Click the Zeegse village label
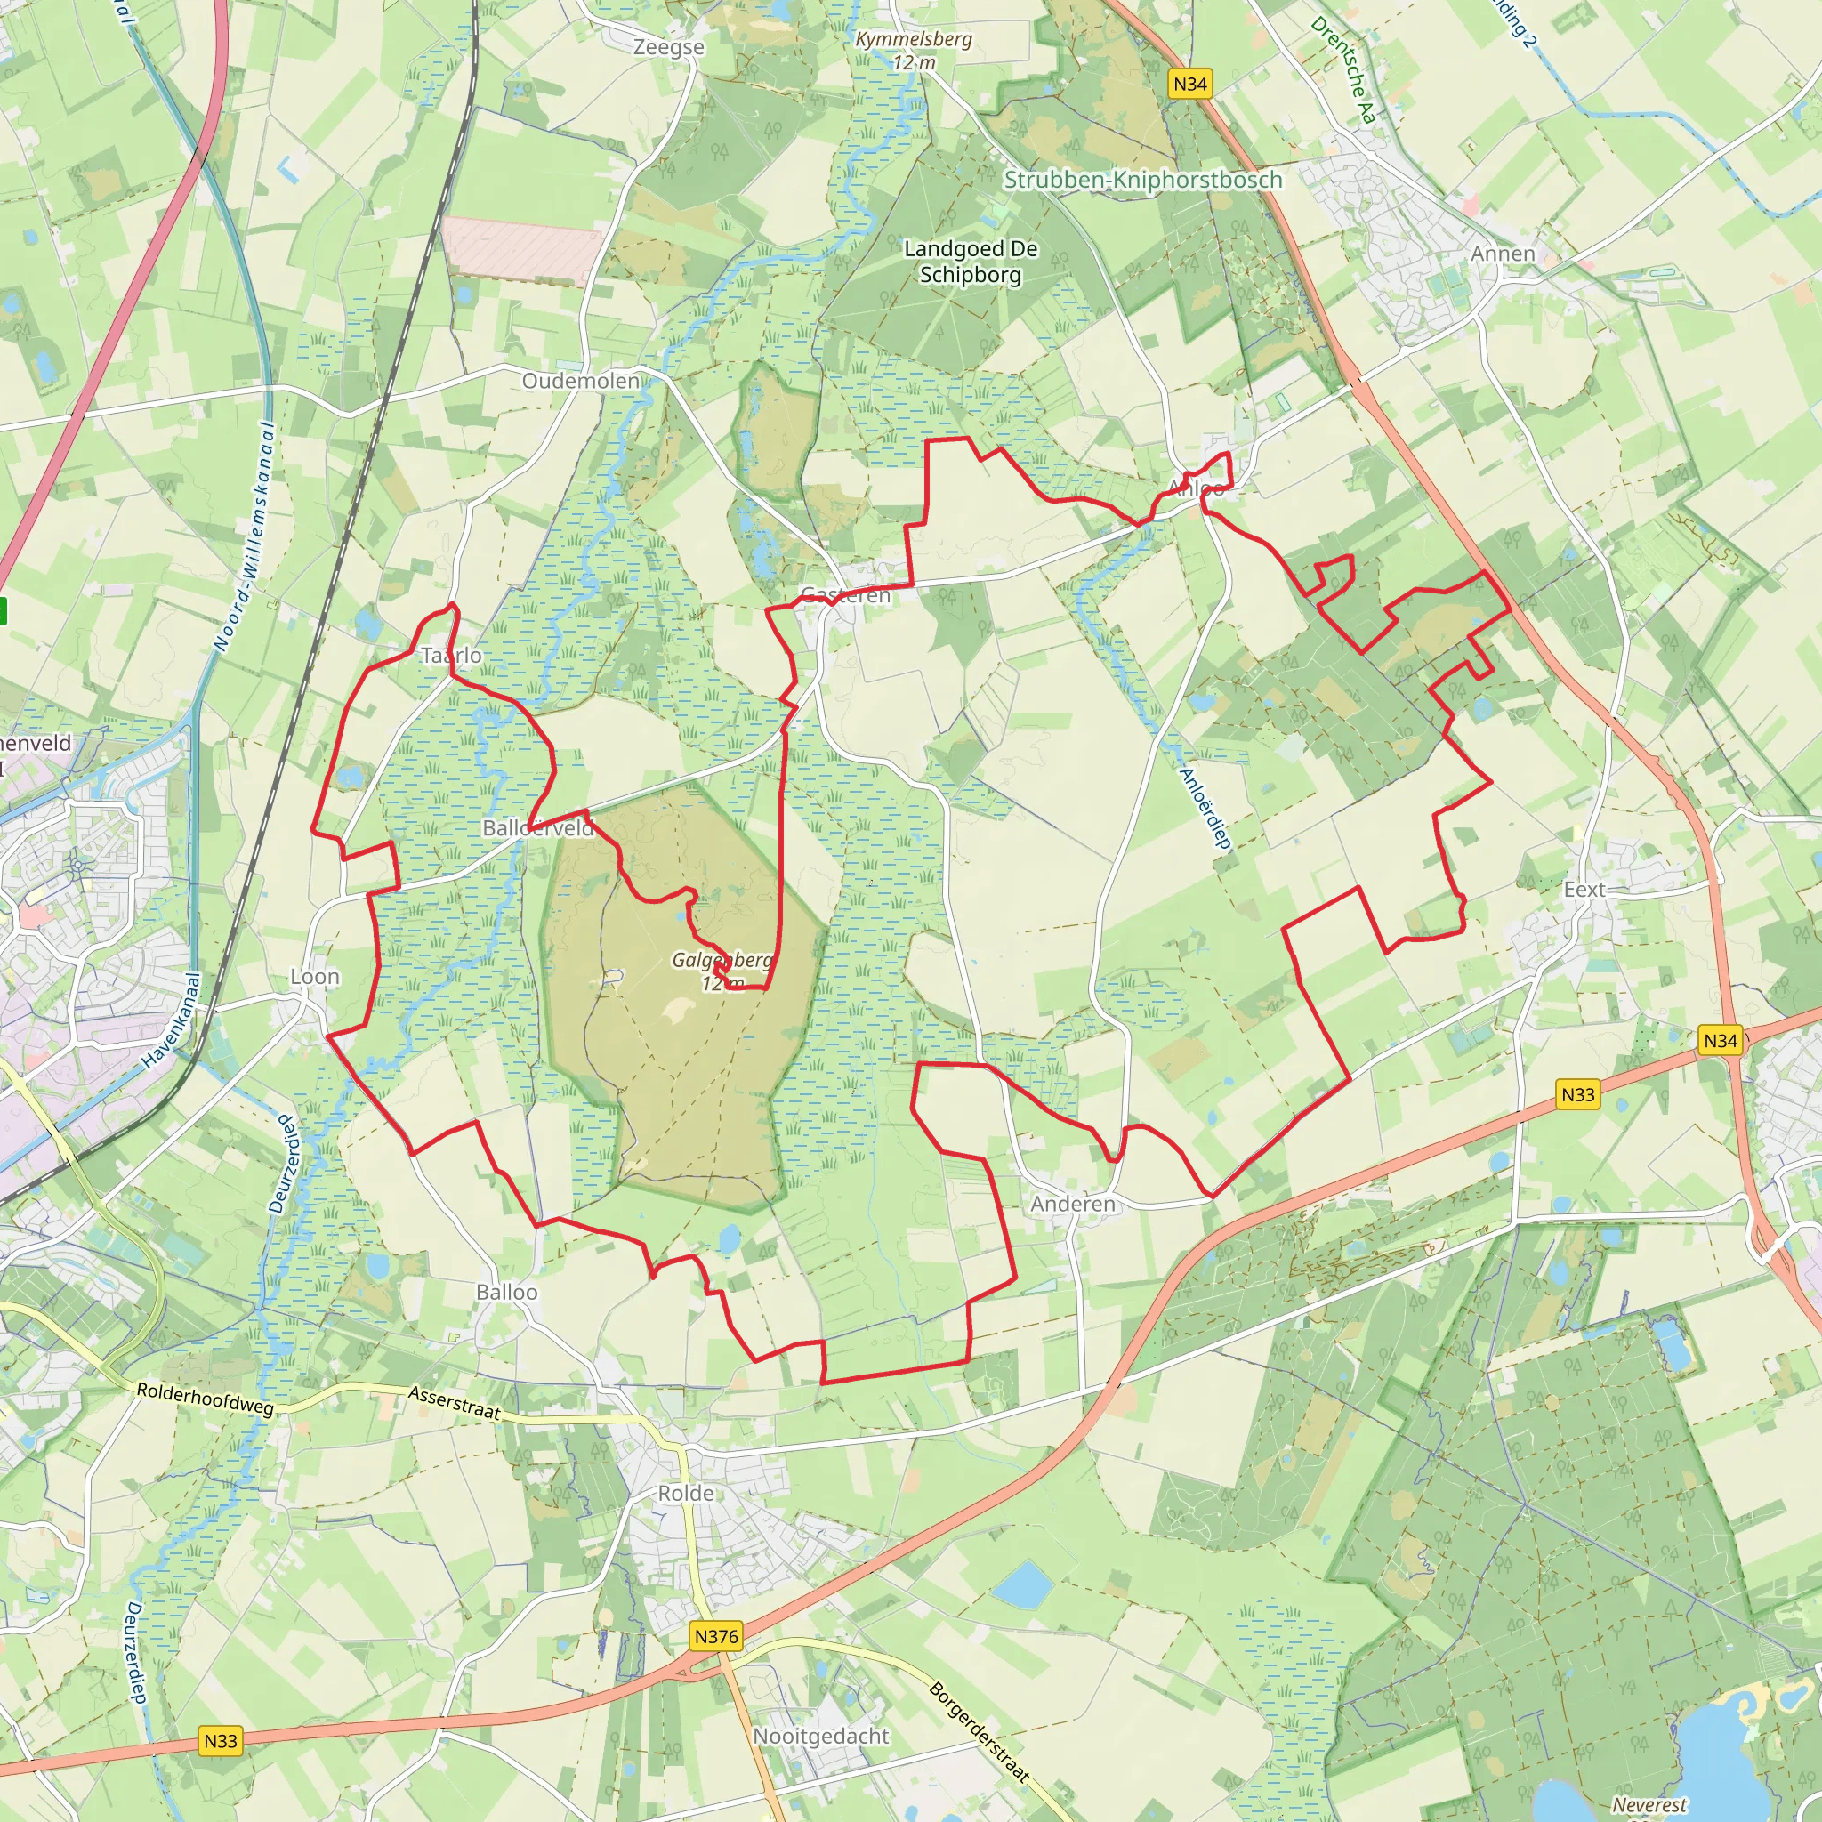pyautogui.click(x=669, y=47)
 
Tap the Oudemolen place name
pyautogui.click(x=581, y=381)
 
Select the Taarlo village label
pyautogui.click(x=451, y=656)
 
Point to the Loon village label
pyautogui.click(x=315, y=977)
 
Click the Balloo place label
pyautogui.click(x=506, y=1292)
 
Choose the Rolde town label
pyautogui.click(x=686, y=1493)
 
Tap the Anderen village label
pyautogui.click(x=1072, y=1205)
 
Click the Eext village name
pyautogui.click(x=1584, y=890)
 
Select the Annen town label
pyautogui.click(x=1504, y=254)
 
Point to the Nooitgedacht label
pyautogui.click(x=820, y=1737)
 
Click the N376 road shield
pyautogui.click(x=716, y=1636)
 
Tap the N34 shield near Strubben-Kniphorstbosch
pyautogui.click(x=1190, y=84)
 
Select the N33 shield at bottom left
pyautogui.click(x=221, y=1741)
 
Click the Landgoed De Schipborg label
pyautogui.click(x=971, y=262)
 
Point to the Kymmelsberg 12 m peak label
pyautogui.click(x=914, y=51)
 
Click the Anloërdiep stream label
pyautogui.click(x=1205, y=810)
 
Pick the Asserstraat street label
pyautogui.click(x=455, y=1403)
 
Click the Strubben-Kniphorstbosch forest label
pyautogui.click(x=1143, y=179)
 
